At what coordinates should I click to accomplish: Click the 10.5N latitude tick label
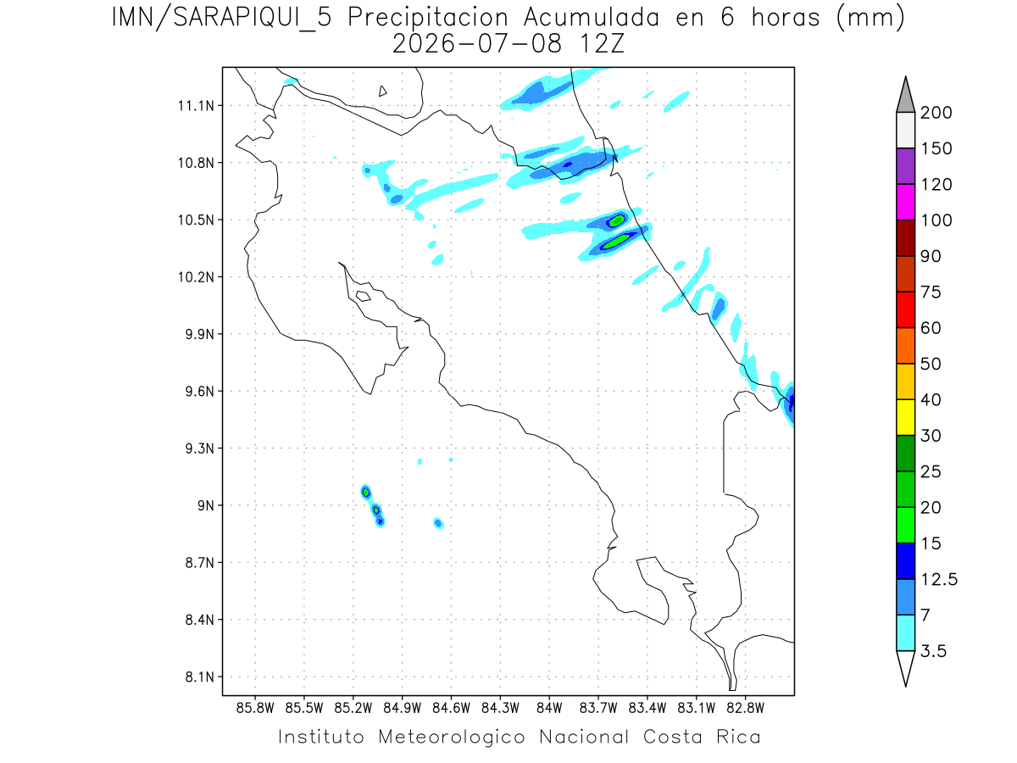pyautogui.click(x=196, y=220)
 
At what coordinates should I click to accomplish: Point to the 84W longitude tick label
pyautogui.click(x=549, y=709)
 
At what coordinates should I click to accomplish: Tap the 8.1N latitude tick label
pyautogui.click(x=200, y=677)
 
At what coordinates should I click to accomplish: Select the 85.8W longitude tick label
pyautogui.click(x=255, y=709)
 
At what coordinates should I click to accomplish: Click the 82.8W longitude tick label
pyautogui.click(x=745, y=709)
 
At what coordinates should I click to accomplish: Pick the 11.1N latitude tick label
pyautogui.click(x=196, y=106)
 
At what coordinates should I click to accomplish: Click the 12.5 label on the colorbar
pyautogui.click(x=939, y=580)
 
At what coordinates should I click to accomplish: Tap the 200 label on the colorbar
pyautogui.click(x=936, y=113)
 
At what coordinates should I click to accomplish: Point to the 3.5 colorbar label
pyautogui.click(x=933, y=651)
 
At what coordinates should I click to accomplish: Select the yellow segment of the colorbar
pyautogui.click(x=905, y=417)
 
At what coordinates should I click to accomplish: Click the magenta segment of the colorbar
pyautogui.click(x=905, y=202)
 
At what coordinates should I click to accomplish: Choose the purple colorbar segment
pyautogui.click(x=905, y=166)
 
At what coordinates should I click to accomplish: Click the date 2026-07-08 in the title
pyautogui.click(x=477, y=44)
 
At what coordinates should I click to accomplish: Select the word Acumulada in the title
pyautogui.click(x=592, y=18)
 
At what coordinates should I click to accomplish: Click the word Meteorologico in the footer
pyautogui.click(x=452, y=737)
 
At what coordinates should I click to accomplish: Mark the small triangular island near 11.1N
pyautogui.click(x=382, y=92)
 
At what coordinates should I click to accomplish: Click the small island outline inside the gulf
pyautogui.click(x=364, y=296)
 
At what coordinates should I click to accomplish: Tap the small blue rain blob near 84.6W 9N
pyautogui.click(x=438, y=523)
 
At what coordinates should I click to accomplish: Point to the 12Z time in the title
pyautogui.click(x=602, y=44)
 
